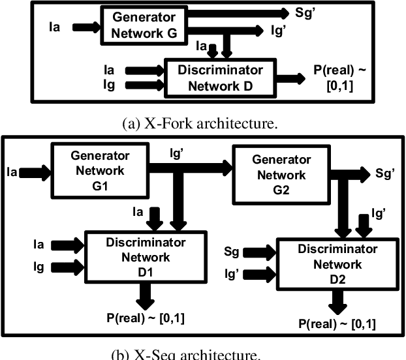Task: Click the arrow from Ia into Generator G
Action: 86,27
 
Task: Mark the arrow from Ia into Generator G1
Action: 32,172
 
